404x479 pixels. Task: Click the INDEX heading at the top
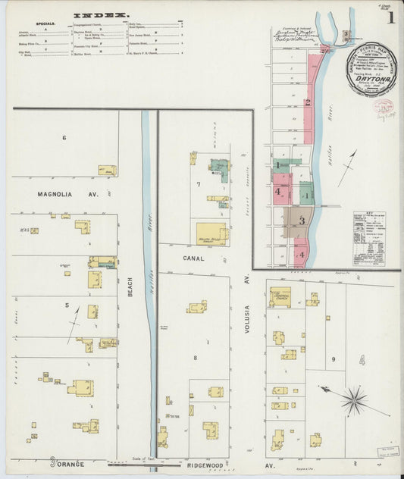click(x=101, y=14)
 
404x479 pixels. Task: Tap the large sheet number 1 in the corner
click(x=389, y=17)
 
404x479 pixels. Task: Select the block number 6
click(x=64, y=137)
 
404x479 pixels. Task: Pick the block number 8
click(x=195, y=357)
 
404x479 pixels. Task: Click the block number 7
click(x=199, y=184)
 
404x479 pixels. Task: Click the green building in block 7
click(x=220, y=168)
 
